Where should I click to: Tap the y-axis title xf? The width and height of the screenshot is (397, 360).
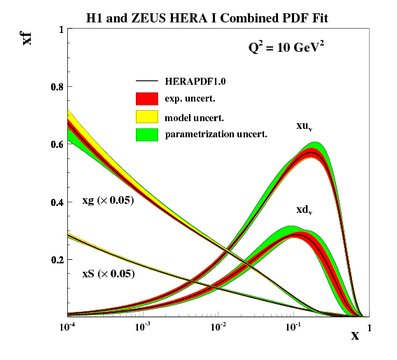28,36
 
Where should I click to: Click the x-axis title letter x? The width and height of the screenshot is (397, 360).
355,335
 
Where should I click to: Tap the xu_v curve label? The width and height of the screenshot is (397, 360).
304,126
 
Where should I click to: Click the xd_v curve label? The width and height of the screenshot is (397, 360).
304,209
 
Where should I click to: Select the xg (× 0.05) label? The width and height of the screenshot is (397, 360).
108,202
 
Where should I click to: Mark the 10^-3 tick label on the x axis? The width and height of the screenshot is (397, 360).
143,327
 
